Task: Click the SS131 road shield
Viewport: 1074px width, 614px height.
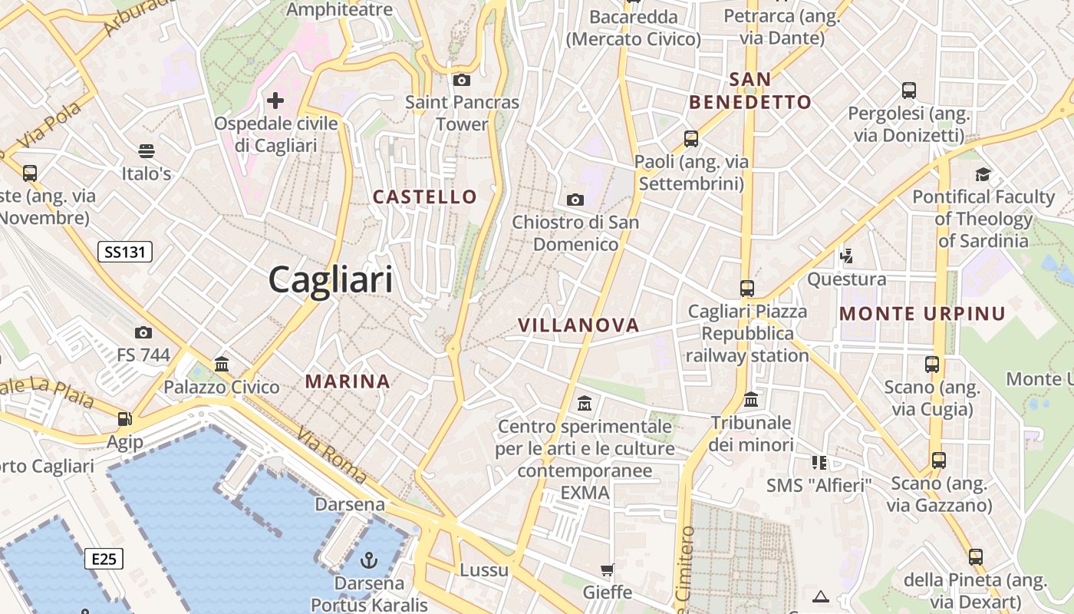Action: click(x=125, y=252)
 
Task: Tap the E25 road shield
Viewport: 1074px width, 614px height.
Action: click(x=104, y=558)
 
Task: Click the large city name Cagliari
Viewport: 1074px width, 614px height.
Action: click(x=331, y=279)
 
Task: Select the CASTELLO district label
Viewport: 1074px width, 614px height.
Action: click(x=425, y=197)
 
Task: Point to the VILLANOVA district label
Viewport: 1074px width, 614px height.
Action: click(x=578, y=325)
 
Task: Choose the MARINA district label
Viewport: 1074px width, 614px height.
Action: click(x=348, y=381)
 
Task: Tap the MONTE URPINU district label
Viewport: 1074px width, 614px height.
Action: click(x=922, y=314)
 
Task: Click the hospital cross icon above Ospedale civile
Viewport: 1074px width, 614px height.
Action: click(x=275, y=101)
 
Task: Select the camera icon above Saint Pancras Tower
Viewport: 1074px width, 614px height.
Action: click(x=462, y=80)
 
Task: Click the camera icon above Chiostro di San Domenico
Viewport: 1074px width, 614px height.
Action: click(x=575, y=200)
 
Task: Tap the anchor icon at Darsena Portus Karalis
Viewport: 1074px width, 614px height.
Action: click(x=370, y=560)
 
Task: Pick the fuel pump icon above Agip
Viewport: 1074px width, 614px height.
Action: click(x=124, y=419)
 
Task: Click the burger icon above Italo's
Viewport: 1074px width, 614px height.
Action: click(x=147, y=150)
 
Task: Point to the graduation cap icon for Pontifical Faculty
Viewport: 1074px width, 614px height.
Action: click(x=983, y=174)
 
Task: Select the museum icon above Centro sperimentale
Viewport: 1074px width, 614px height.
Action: click(x=585, y=403)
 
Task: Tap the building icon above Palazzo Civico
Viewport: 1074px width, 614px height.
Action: click(x=222, y=364)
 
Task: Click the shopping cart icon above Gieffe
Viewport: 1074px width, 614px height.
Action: click(x=608, y=569)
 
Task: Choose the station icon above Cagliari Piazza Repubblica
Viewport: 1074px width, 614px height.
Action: click(x=747, y=289)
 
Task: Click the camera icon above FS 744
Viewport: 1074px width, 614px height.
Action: click(x=143, y=332)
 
